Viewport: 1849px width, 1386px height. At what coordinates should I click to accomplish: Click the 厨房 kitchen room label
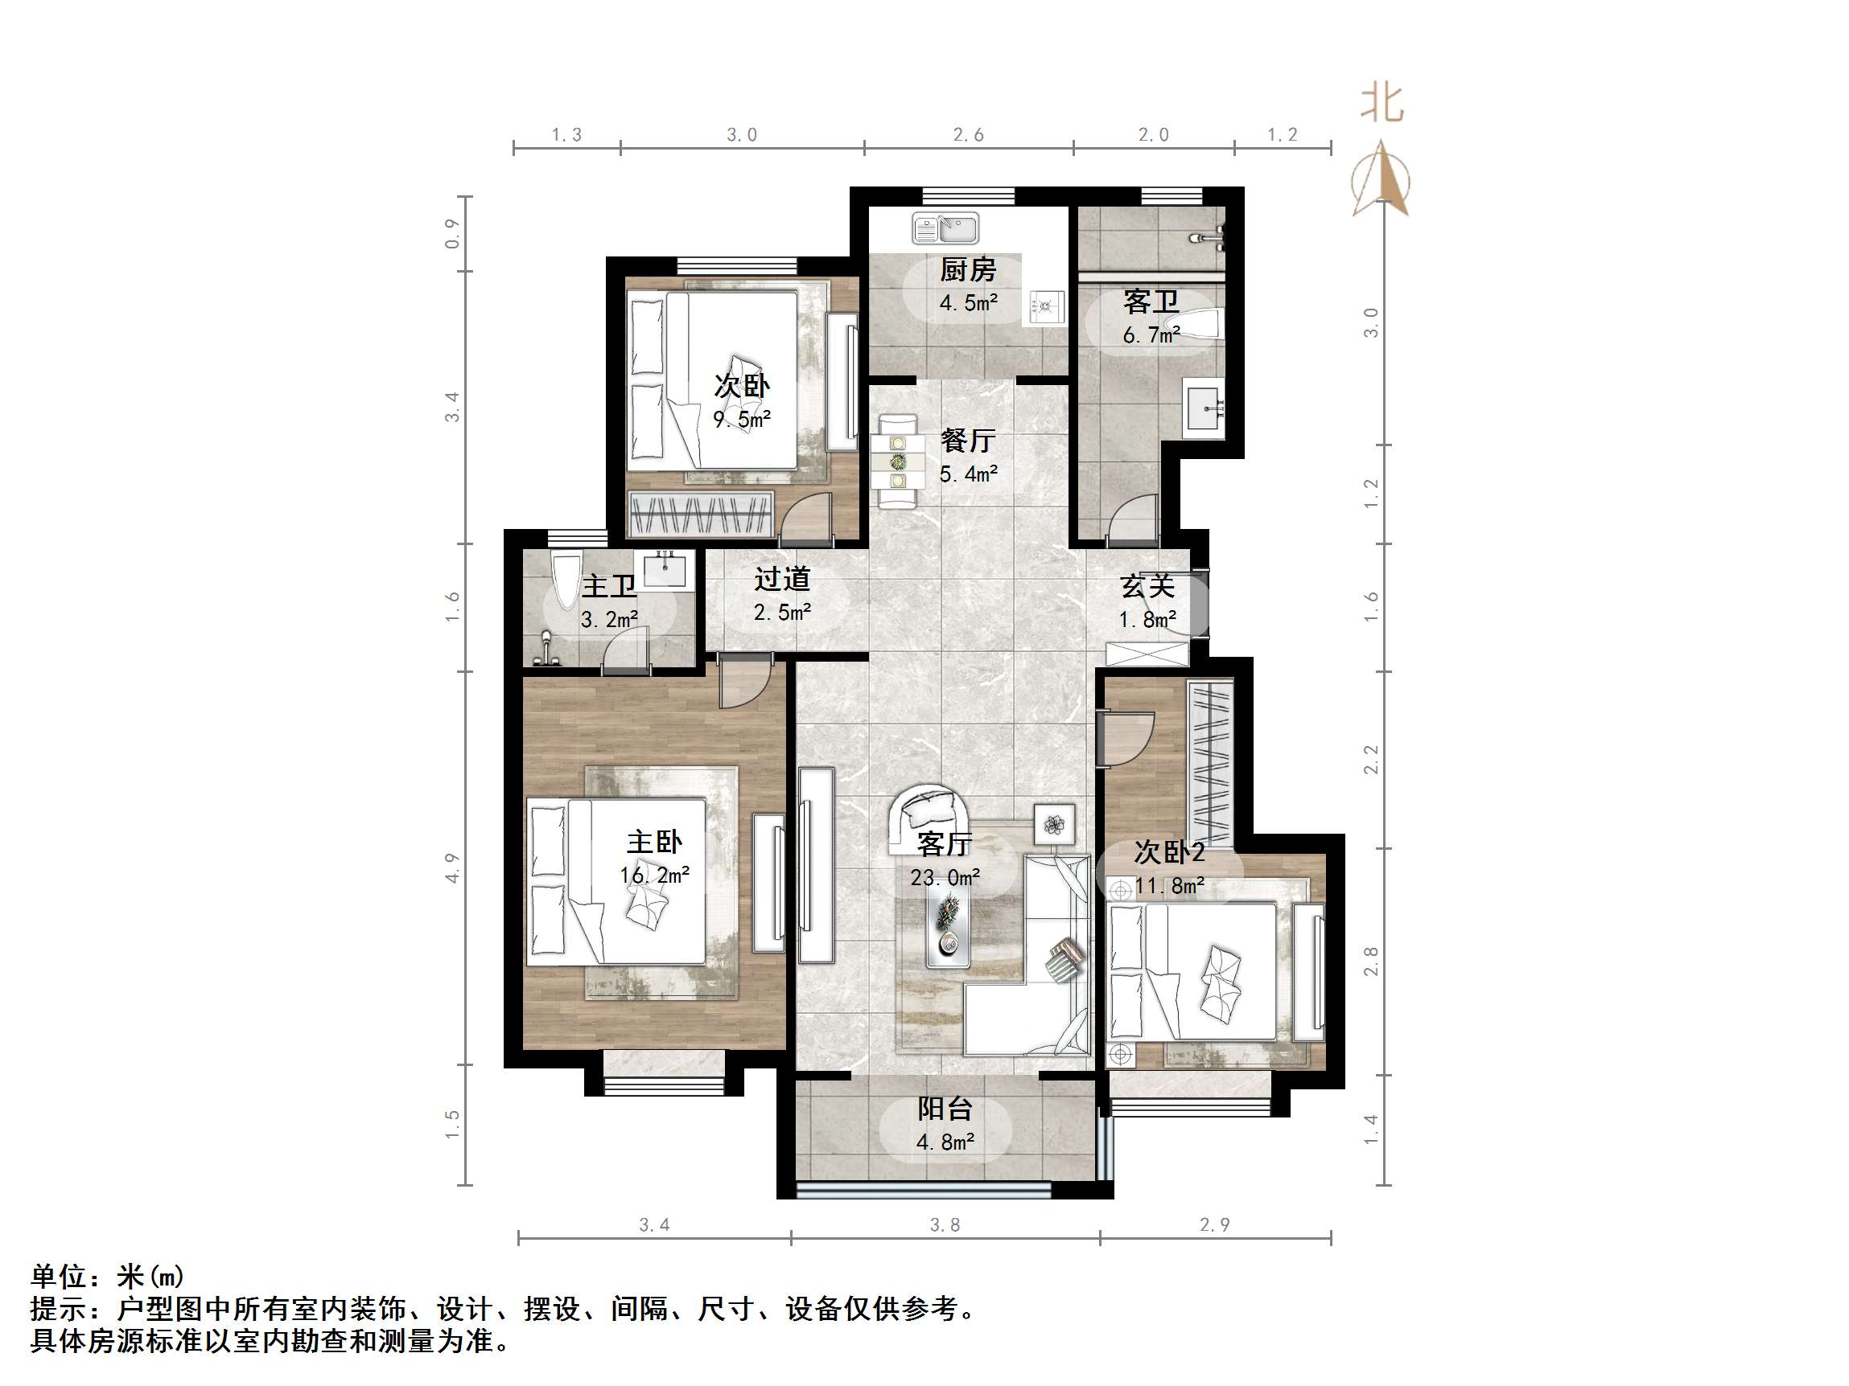[967, 270]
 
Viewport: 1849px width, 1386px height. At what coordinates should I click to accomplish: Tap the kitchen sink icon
[945, 228]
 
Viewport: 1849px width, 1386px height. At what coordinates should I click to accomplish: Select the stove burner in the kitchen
[1046, 307]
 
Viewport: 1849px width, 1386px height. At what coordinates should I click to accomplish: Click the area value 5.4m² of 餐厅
[968, 474]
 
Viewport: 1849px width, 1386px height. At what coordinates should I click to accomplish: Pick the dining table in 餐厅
[898, 461]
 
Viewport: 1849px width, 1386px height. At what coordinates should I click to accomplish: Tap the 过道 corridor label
[781, 579]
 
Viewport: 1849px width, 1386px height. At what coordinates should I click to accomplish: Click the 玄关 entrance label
[1147, 587]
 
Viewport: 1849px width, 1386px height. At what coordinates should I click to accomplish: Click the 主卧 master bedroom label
[654, 841]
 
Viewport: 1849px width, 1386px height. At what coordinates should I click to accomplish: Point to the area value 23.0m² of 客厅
[945, 878]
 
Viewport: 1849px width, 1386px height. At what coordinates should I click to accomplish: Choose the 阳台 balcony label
[945, 1109]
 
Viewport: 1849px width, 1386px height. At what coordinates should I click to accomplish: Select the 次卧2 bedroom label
[1168, 852]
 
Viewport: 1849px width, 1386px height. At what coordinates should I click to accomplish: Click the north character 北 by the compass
[1382, 104]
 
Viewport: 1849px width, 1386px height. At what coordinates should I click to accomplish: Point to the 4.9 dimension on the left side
[452, 867]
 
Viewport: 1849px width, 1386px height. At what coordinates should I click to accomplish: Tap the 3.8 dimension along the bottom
[945, 1224]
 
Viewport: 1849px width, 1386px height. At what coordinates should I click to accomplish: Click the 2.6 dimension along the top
[968, 134]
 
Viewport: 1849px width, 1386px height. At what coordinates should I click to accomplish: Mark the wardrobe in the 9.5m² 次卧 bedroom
[701, 513]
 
